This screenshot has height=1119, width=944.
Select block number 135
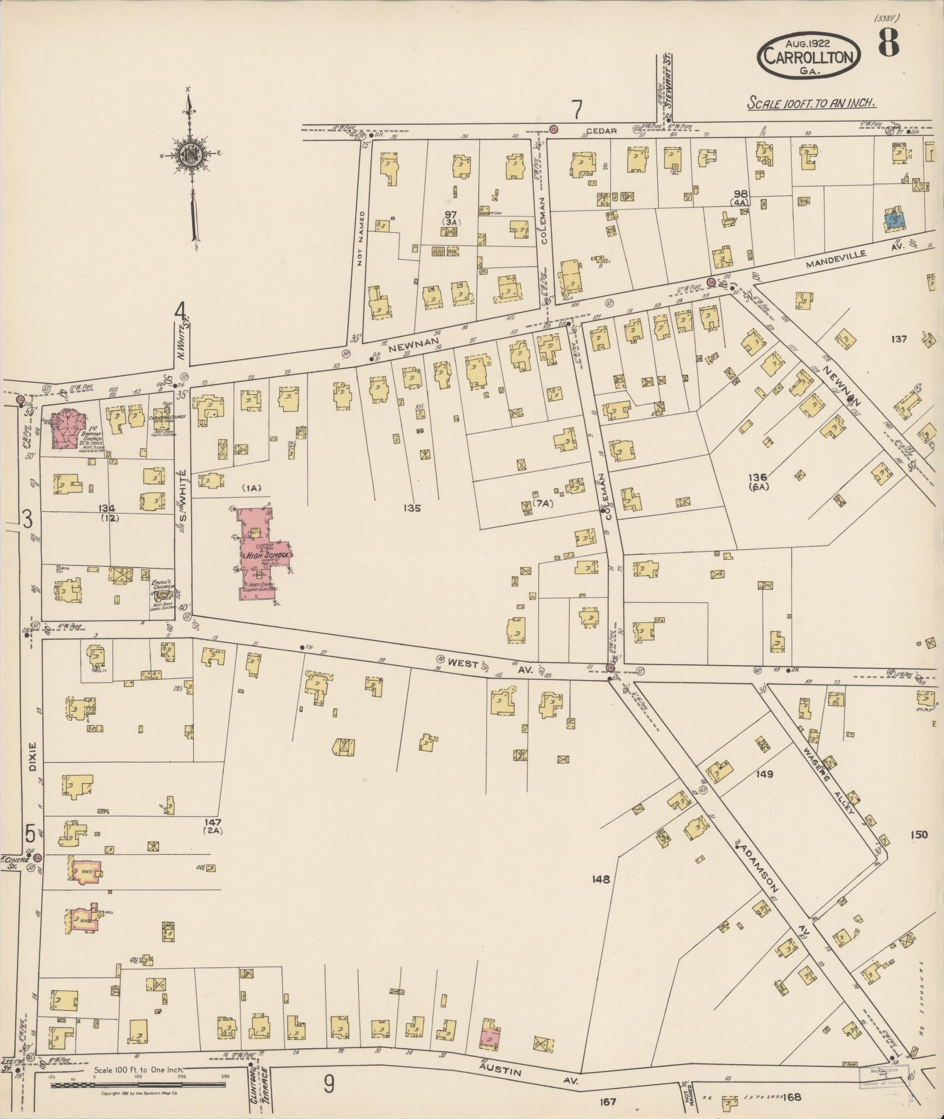pyautogui.click(x=412, y=508)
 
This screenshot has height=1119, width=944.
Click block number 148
pyautogui.click(x=600, y=879)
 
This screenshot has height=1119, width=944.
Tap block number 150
pyautogui.click(x=918, y=835)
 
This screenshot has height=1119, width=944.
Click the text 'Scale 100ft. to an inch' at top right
pyautogui.click(x=811, y=104)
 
